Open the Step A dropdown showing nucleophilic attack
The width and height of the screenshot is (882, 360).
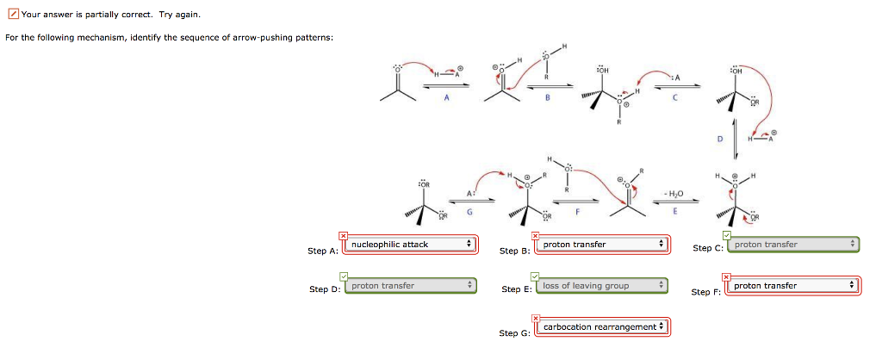pos(412,245)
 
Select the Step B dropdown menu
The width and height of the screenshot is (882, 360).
pos(603,245)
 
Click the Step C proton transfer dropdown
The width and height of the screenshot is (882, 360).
pos(794,245)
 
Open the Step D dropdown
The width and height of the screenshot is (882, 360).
pos(409,286)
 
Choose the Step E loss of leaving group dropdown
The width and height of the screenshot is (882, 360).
pos(601,286)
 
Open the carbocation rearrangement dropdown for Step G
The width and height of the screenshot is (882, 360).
pos(602,327)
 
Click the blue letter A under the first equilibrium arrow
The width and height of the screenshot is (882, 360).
pos(447,97)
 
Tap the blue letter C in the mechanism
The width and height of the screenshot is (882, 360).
pos(675,97)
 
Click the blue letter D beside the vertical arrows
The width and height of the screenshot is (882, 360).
pos(720,139)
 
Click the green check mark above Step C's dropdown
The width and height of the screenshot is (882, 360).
pos(728,235)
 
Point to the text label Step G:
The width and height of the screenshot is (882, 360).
pos(514,332)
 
